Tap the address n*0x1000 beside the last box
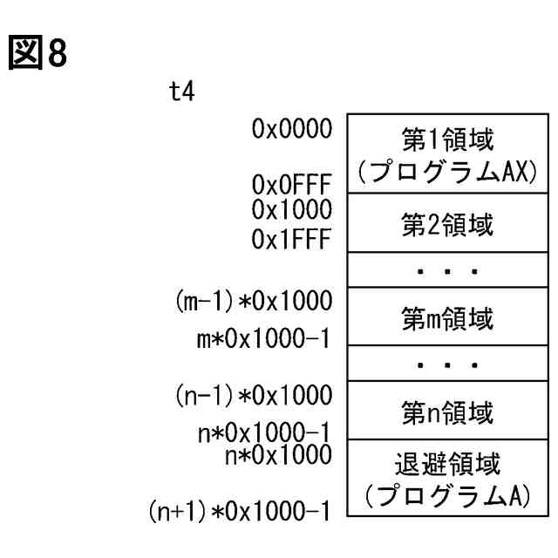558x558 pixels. pos(276,453)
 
